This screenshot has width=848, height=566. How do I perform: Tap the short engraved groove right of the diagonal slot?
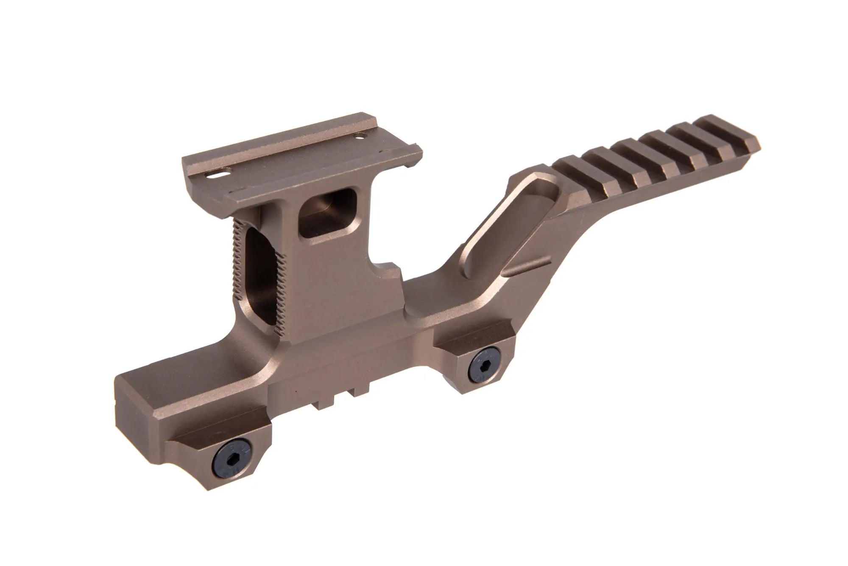click(528, 269)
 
